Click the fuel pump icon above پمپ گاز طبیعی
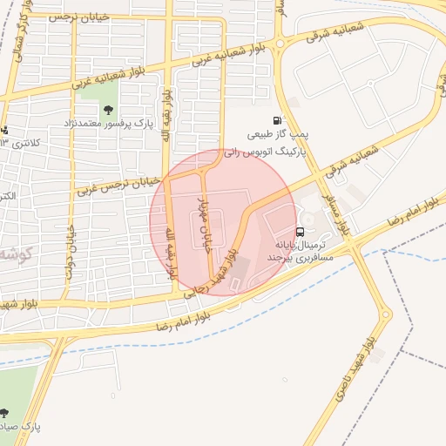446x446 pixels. pyautogui.click(x=277, y=121)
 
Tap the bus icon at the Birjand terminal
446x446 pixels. pyautogui.click(x=300, y=233)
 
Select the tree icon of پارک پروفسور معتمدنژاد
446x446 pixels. pyautogui.click(x=108, y=110)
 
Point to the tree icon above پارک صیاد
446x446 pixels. pyautogui.click(x=6, y=411)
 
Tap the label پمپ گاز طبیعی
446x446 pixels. pyautogui.click(x=277, y=137)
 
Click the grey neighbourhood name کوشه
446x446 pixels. pyautogui.click(x=16, y=253)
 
